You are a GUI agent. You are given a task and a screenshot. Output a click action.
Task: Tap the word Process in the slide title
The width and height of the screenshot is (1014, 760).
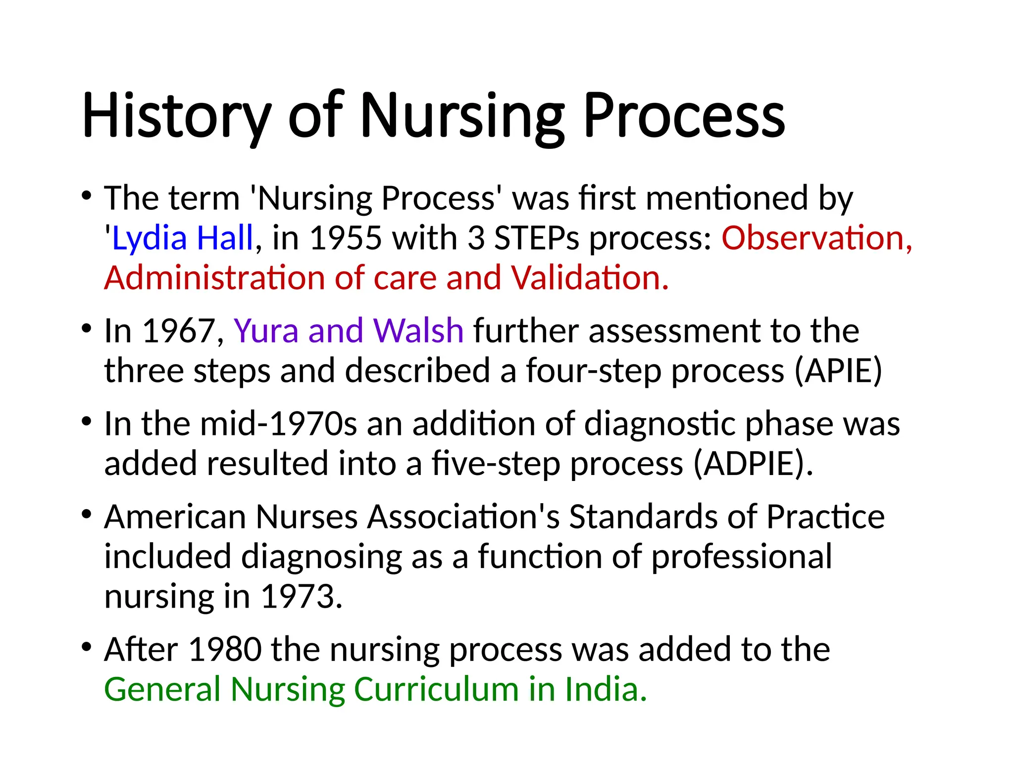pos(684,116)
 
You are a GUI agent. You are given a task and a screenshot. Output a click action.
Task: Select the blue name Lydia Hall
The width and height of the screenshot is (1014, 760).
pos(183,238)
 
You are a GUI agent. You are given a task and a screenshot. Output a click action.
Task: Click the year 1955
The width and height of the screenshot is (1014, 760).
pos(346,238)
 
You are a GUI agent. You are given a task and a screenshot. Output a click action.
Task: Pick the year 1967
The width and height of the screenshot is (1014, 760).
pos(179,331)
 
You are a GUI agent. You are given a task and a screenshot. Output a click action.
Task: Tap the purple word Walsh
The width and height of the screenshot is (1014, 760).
pos(418,331)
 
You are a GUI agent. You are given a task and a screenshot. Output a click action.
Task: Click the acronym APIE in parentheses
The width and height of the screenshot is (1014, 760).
pos(838,371)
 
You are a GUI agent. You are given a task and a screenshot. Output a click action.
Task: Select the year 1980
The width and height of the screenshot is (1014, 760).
pos(225,650)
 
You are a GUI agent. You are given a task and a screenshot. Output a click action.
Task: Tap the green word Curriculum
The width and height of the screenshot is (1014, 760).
pos(436,689)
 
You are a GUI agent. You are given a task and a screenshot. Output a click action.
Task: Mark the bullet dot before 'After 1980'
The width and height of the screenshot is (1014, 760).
pos(87,647)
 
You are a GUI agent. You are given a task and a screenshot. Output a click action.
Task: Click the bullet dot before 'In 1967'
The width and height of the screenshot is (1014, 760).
pos(87,328)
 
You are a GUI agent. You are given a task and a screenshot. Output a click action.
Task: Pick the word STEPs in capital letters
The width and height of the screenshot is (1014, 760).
pos(537,238)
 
